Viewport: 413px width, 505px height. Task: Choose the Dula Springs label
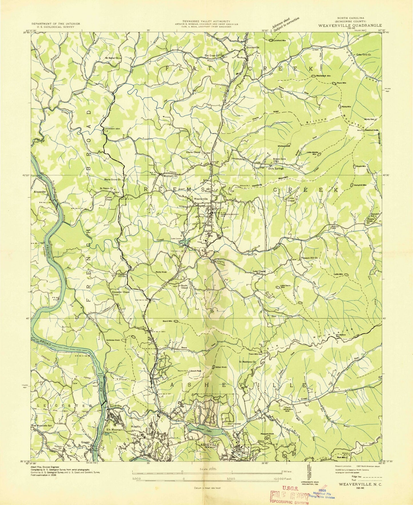tap(276, 168)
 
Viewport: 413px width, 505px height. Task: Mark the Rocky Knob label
tap(161, 272)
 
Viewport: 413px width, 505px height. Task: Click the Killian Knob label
tap(221, 367)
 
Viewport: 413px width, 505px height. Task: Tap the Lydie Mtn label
tap(338, 274)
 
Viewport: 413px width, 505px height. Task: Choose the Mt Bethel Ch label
tap(112, 58)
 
